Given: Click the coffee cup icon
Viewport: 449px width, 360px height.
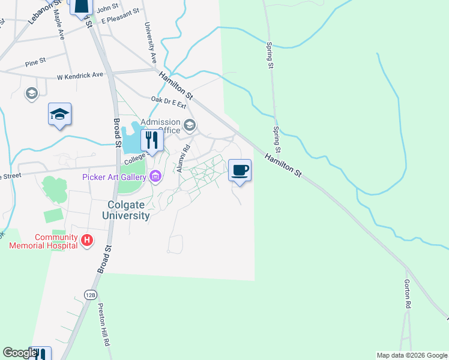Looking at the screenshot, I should pos(240,171).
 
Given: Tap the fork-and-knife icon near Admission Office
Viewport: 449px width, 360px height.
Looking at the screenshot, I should pos(152,140).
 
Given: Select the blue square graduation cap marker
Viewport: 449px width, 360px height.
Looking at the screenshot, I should pos(59,114).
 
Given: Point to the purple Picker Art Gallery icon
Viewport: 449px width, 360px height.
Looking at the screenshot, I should pos(155,176).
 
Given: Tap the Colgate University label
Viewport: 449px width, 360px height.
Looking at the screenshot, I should pos(125,210).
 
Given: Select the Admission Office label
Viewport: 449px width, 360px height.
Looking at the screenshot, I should pos(160,126).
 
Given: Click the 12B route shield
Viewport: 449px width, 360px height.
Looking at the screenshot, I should pos(90,295).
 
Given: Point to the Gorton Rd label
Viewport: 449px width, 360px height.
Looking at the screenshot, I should pos(407,294).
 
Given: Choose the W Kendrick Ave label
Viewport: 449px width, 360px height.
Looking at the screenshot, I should pos(80,76).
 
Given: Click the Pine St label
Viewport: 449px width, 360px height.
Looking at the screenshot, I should pos(35,62).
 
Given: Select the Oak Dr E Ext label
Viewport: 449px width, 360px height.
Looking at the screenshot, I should pos(169,101).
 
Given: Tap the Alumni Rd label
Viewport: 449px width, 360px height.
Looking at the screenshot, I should pos(183,158).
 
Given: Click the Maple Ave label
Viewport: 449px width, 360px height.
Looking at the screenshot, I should pos(59,24).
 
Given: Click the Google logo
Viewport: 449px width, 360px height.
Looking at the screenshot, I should pos(20,353).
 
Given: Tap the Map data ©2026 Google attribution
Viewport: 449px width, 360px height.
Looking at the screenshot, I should pos(412,355).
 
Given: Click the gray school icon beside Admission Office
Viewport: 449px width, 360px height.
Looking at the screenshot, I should pos(190,125).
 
